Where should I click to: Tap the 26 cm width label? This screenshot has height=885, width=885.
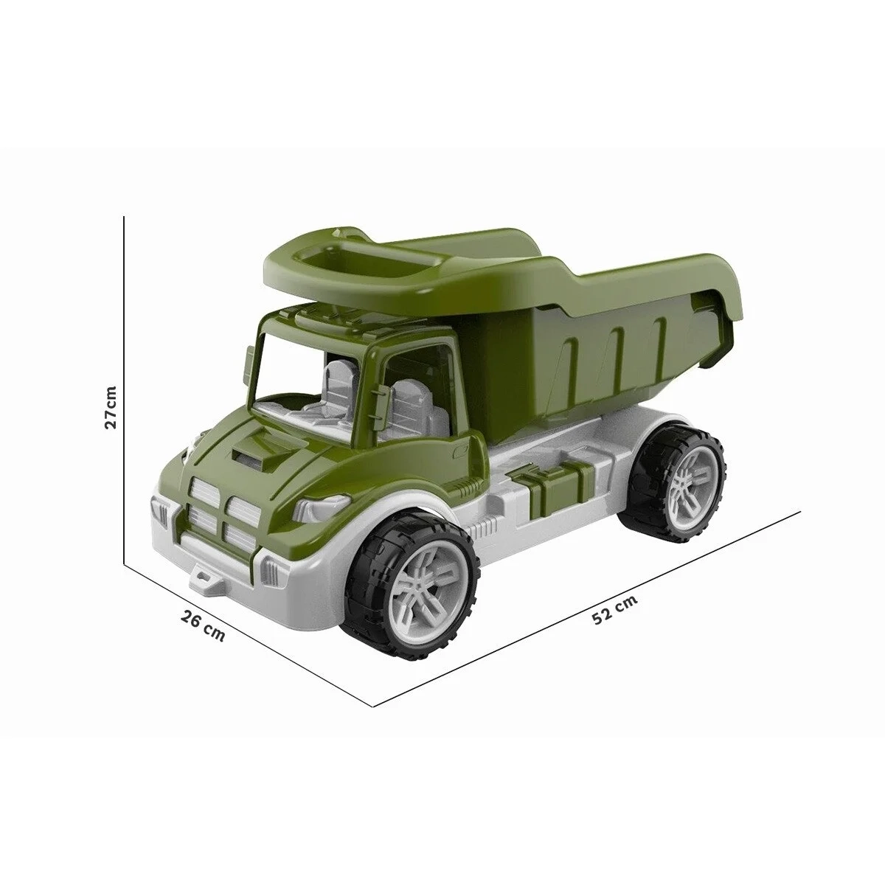click(x=203, y=625)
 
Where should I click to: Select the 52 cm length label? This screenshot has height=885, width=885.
click(x=614, y=609)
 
